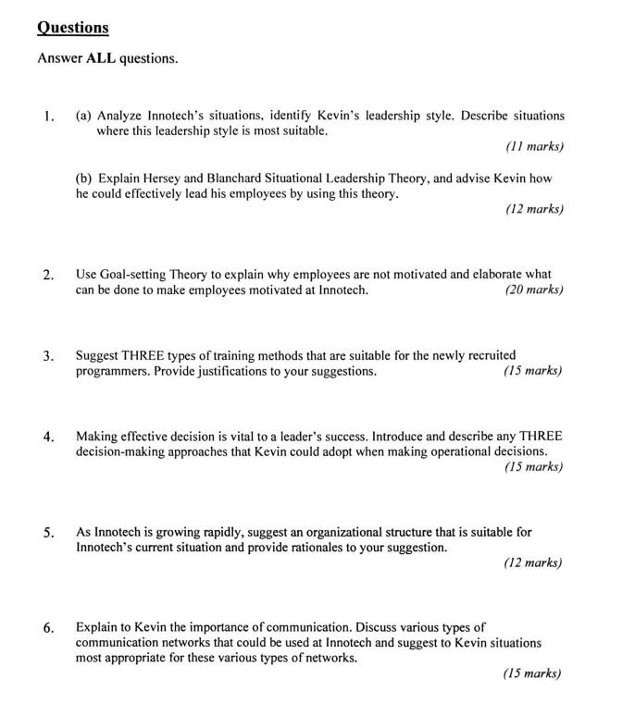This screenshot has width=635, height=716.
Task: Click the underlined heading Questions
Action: pyautogui.click(x=72, y=28)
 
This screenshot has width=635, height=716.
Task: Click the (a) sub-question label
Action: pyautogui.click(x=84, y=116)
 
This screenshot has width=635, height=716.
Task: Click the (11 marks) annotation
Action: pyautogui.click(x=534, y=146)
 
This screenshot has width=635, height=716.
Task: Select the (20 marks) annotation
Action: pyautogui.click(x=533, y=290)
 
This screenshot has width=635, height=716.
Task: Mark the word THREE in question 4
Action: pyautogui.click(x=541, y=436)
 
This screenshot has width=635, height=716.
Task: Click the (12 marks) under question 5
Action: pyautogui.click(x=533, y=562)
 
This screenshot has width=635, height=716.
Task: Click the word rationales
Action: pyautogui.click(x=328, y=547)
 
